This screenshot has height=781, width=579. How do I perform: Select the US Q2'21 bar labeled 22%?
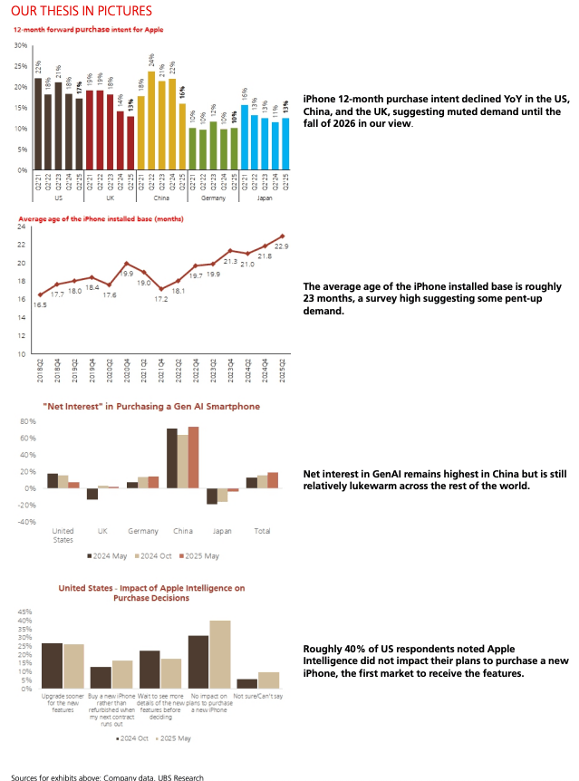click(38, 124)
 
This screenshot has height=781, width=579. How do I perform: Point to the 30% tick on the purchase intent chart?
click(22, 45)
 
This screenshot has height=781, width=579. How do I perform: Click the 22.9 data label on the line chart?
click(282, 246)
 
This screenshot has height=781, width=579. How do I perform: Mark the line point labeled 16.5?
click(40, 294)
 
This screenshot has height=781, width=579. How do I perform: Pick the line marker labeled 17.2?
click(161, 289)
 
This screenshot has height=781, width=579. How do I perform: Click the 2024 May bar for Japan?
click(212, 497)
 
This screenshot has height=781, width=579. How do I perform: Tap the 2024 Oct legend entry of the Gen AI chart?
click(153, 555)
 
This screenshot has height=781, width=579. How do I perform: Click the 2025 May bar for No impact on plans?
click(220, 654)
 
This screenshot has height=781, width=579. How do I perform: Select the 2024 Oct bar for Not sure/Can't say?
click(247, 684)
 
